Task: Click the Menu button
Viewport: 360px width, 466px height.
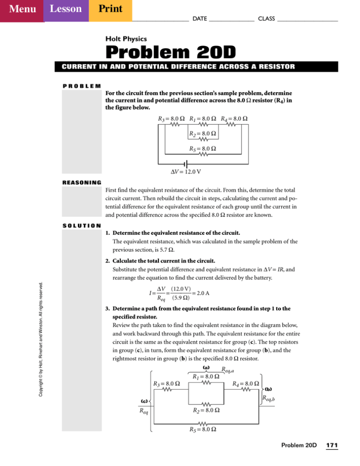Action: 22,10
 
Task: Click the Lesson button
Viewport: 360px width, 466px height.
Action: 66,10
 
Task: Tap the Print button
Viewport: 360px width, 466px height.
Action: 110,10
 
